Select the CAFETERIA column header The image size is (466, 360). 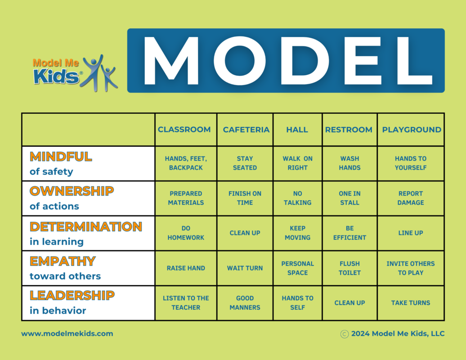(246, 130)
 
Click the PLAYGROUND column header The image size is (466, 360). (412, 130)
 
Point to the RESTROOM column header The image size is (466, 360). (349, 130)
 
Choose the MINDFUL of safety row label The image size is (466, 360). (61, 163)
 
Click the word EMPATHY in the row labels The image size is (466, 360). (63, 261)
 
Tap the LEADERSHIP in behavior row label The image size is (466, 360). (72, 302)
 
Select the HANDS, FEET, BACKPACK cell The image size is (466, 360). (186, 163)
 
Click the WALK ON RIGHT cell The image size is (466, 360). (297, 163)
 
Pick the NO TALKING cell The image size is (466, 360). (297, 198)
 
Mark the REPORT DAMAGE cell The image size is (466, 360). (410, 198)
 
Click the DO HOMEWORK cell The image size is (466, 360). (186, 233)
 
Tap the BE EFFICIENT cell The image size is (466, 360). (349, 233)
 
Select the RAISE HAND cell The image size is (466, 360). (186, 268)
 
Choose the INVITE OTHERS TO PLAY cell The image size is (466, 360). (410, 268)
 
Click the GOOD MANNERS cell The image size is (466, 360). (245, 302)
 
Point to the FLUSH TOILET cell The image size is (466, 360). (349, 268)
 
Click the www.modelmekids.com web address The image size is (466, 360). (67, 333)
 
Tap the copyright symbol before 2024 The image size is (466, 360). (345, 334)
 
